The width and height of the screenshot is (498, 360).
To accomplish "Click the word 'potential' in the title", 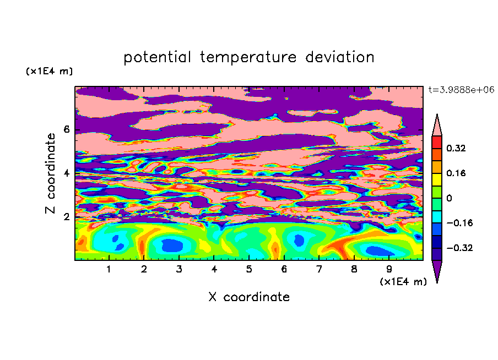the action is [x=157, y=58].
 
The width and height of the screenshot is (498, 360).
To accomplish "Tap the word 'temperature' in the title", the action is [x=248, y=58].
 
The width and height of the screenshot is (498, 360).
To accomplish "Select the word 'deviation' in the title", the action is [x=339, y=57].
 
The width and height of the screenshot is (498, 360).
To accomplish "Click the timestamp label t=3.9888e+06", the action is [x=461, y=90].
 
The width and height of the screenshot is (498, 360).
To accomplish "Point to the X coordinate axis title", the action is [x=249, y=297].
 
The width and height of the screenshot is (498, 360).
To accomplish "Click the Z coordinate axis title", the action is [x=51, y=173].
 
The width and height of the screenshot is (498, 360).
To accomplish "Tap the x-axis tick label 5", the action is [x=249, y=269].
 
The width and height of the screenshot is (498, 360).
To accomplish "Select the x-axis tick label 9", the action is [x=389, y=269].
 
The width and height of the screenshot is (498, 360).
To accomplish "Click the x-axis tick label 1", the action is [x=109, y=269].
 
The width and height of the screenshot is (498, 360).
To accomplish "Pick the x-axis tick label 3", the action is [x=179, y=269].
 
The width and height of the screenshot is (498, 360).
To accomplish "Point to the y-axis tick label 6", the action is [x=66, y=129].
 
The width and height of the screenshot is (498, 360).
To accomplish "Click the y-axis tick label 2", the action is [x=66, y=217].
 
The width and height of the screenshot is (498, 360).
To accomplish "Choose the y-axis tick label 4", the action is [x=66, y=173].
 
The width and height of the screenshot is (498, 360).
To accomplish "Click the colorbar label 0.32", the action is [x=456, y=148].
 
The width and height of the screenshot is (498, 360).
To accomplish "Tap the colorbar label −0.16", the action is [x=459, y=223].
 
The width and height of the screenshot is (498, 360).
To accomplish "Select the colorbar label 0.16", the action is [x=456, y=173].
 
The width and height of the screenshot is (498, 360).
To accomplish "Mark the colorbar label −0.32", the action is [x=459, y=248].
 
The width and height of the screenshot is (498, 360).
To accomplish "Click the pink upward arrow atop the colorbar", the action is [x=437, y=127].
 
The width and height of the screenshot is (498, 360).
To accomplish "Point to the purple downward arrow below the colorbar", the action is [x=437, y=270].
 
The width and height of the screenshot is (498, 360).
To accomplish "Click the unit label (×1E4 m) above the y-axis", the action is [x=49, y=71].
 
